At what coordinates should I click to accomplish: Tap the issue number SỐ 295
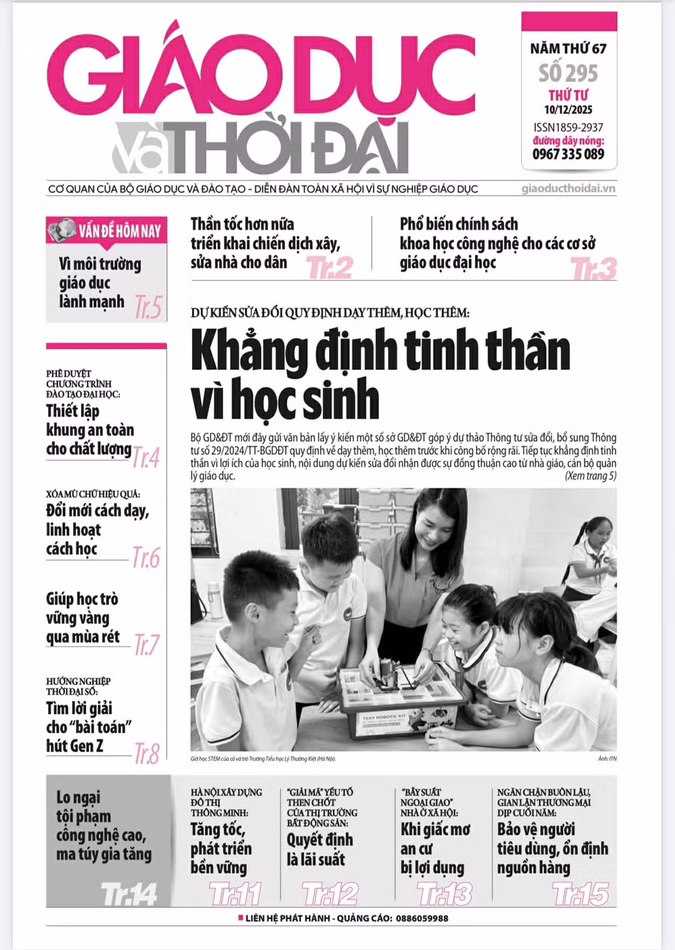(x=568, y=74)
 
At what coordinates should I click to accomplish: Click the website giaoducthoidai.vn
(x=568, y=189)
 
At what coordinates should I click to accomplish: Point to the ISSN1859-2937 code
(x=568, y=127)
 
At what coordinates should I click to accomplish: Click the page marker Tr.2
(x=329, y=266)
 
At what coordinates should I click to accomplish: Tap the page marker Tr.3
(x=593, y=267)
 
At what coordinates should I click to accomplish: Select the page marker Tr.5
(x=148, y=306)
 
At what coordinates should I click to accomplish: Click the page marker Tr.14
(x=129, y=893)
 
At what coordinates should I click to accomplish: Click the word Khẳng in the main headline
(x=256, y=351)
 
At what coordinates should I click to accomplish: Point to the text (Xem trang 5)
(x=590, y=476)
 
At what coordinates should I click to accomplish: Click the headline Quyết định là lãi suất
(x=319, y=849)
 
